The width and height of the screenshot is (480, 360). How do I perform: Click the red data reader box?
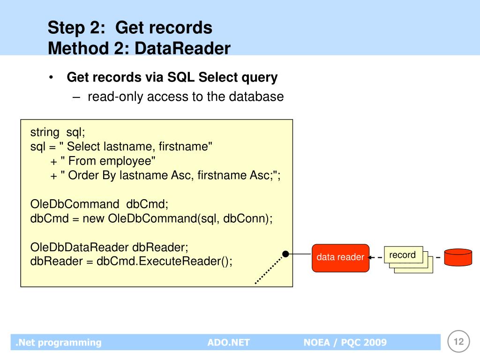coord(340,258)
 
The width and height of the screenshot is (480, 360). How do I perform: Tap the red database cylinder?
coord(458,257)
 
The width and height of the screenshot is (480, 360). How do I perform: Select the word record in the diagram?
coord(402,255)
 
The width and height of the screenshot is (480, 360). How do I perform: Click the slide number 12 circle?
coord(458,341)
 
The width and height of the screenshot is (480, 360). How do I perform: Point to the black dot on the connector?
coord(285,254)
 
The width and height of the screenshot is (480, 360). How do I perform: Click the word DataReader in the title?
coord(182,48)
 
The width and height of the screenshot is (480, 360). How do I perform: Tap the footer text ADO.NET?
coord(229,342)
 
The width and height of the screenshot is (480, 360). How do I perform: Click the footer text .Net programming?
coord(59,343)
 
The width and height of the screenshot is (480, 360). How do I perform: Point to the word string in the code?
coord(45,133)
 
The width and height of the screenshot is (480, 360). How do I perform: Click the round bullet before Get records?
coord(51,77)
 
